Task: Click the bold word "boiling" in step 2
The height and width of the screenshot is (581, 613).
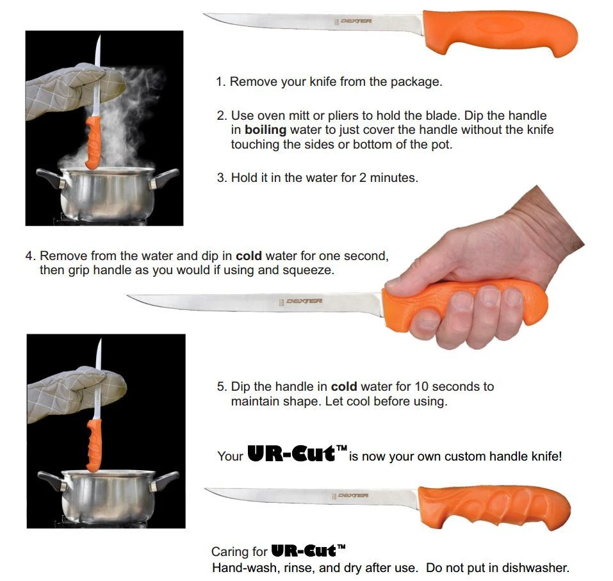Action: pos(266,130)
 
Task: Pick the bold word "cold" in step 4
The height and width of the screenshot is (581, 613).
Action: pos(249,256)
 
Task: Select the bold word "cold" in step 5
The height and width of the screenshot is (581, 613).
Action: pos(344,386)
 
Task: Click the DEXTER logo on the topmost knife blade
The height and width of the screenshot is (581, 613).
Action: pos(356,21)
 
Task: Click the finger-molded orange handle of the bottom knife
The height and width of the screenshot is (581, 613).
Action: pos(493,506)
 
